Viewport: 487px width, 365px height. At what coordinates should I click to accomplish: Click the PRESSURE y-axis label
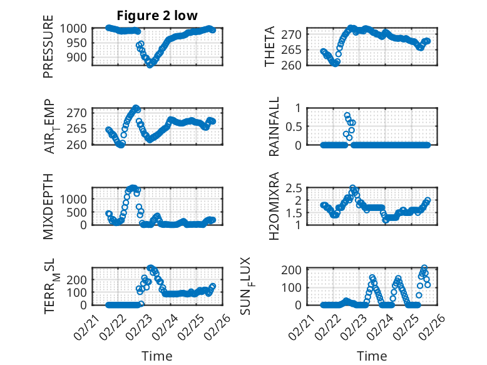48,51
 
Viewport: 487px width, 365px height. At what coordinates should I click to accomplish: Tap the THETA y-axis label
270,47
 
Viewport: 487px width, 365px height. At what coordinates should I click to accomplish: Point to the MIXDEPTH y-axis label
48,205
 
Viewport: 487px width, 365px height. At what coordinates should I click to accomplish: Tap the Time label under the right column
372,356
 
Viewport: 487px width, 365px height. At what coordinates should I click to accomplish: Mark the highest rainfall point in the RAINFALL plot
347,116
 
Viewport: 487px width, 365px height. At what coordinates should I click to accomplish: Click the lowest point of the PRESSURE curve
150,64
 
